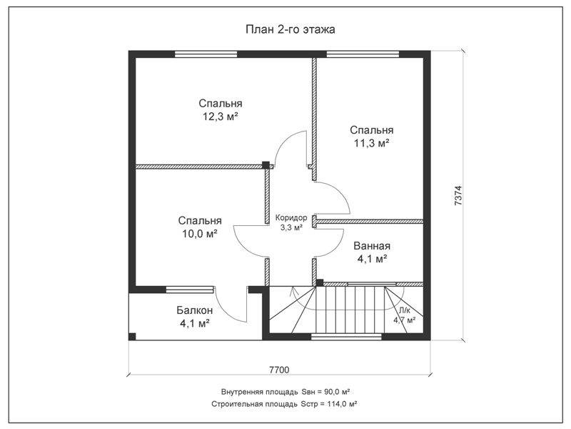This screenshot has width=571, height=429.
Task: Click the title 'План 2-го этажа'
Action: (x=290, y=29)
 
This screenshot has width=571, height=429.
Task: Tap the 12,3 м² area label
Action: (x=221, y=117)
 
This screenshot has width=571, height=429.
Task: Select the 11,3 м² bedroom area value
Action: (x=371, y=144)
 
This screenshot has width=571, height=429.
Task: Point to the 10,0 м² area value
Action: (x=200, y=234)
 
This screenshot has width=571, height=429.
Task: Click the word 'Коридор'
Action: (x=291, y=218)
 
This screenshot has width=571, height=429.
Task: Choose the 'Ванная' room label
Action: (x=371, y=246)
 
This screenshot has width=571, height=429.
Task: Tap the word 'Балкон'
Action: (x=194, y=310)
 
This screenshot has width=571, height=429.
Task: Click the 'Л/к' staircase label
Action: (x=405, y=311)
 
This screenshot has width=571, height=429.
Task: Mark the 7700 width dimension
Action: (x=279, y=370)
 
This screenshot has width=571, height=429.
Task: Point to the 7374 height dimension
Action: (x=458, y=195)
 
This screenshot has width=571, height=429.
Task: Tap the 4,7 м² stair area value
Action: (x=404, y=320)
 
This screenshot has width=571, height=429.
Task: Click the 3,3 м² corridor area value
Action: (x=291, y=227)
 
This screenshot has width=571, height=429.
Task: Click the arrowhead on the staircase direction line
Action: (x=292, y=291)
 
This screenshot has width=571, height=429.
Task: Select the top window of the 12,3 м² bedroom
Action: (x=206, y=55)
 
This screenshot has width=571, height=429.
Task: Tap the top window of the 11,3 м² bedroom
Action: (x=363, y=55)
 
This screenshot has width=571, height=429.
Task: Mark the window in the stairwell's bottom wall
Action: (x=346, y=337)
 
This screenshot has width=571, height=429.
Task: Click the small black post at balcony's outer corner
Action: (x=132, y=336)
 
